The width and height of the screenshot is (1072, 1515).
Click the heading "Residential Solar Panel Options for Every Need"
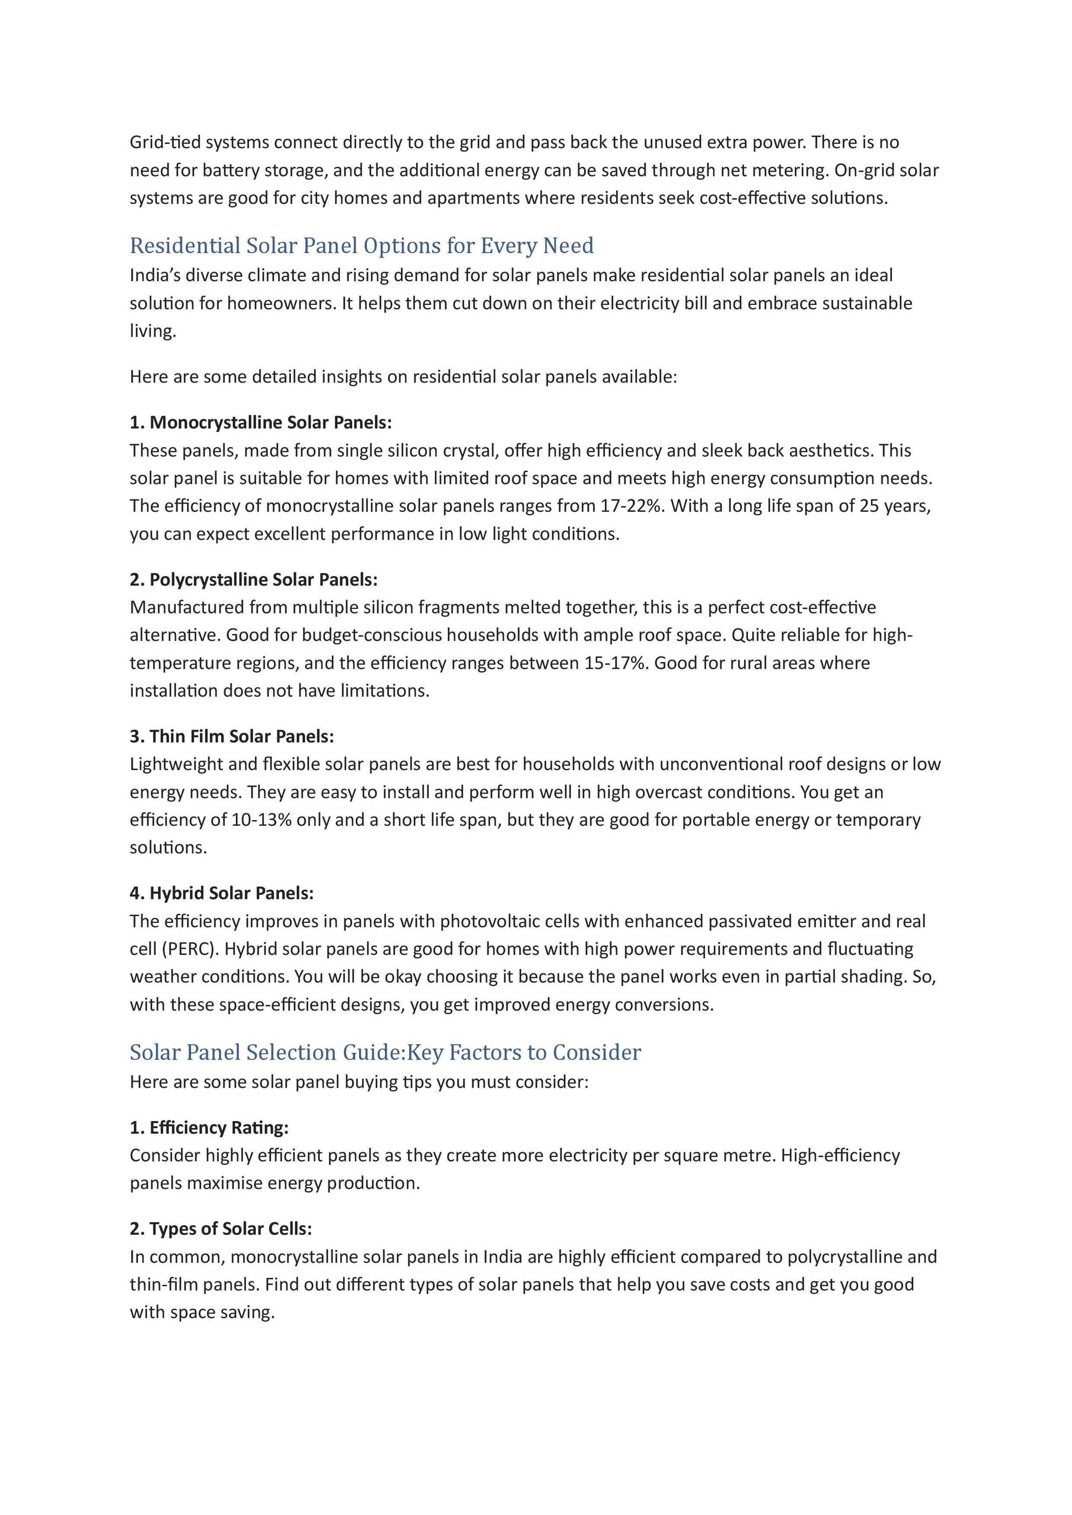[361, 246]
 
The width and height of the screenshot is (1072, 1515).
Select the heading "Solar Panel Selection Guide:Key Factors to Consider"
[385, 1052]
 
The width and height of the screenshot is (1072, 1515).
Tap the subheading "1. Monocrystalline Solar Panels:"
[261, 422]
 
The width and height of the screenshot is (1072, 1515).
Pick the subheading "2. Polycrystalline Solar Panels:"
[254, 580]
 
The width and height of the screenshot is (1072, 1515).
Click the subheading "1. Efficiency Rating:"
[209, 1127]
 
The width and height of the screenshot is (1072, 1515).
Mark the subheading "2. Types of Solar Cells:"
[221, 1229]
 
